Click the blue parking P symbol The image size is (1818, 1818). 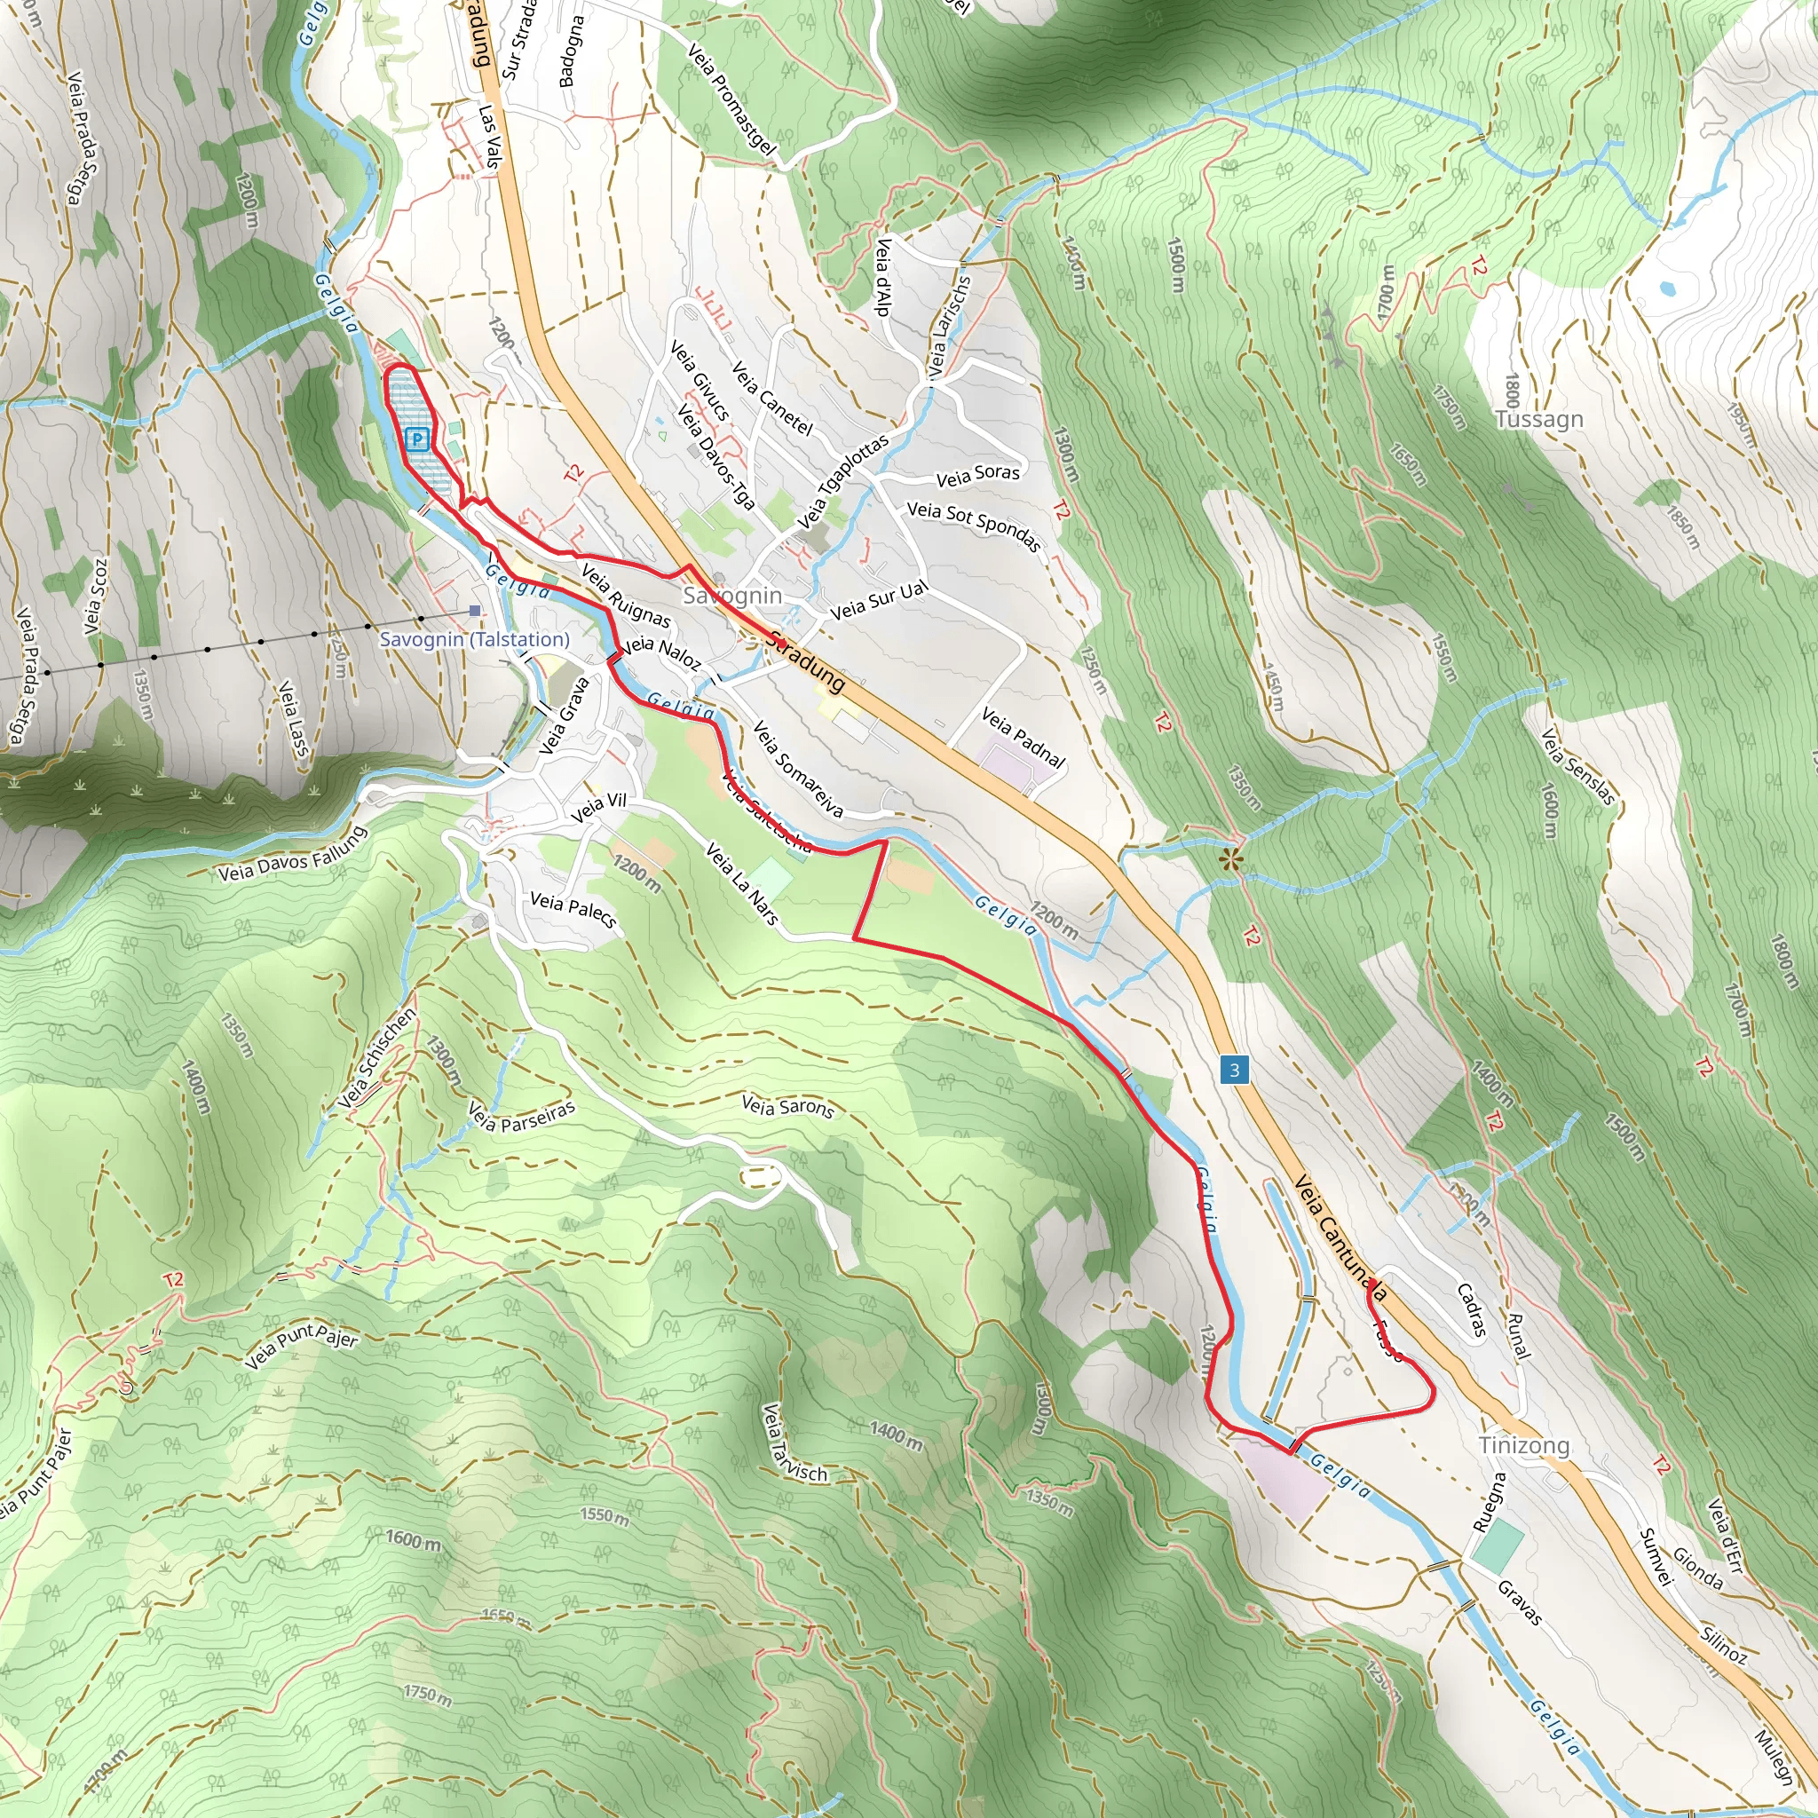pyautogui.click(x=418, y=439)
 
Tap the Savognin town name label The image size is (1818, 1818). pyautogui.click(x=732, y=596)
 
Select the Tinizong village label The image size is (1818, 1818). pyautogui.click(x=1523, y=1444)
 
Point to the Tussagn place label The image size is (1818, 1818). pyautogui.click(x=1539, y=420)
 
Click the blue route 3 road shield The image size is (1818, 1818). pyautogui.click(x=1235, y=1070)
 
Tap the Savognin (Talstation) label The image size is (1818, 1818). pyautogui.click(x=474, y=639)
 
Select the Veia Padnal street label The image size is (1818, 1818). pyautogui.click(x=1023, y=737)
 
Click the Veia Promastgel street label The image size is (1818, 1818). pyautogui.click(x=732, y=99)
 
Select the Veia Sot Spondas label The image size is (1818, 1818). pyautogui.click(x=974, y=526)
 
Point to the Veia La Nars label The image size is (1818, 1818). pyautogui.click(x=742, y=883)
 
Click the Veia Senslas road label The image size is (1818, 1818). pyautogui.click(x=1578, y=767)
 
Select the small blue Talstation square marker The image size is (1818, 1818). pyautogui.click(x=474, y=611)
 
